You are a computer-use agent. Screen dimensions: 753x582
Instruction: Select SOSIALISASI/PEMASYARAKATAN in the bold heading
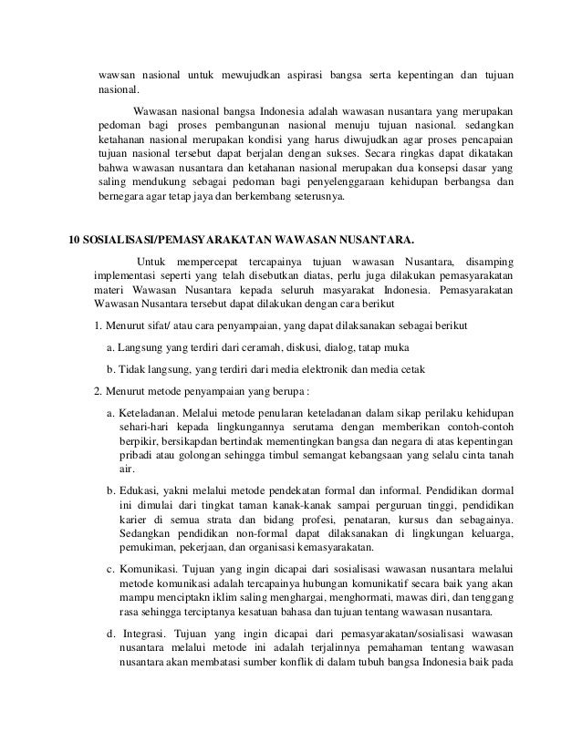(174, 242)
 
